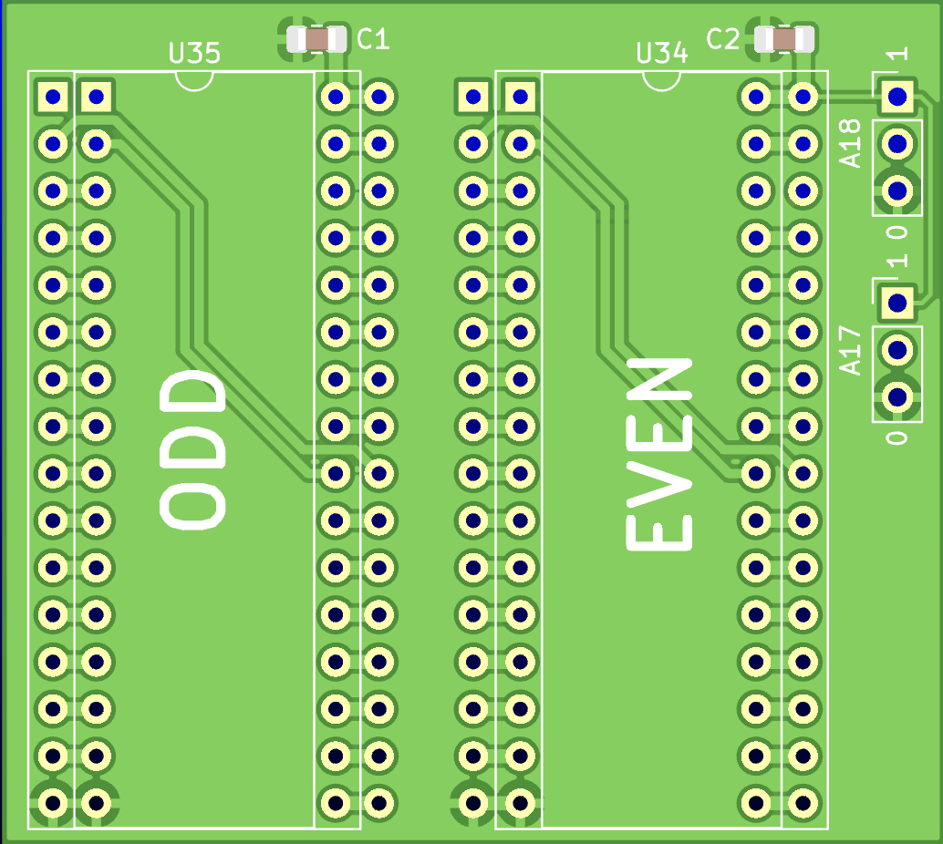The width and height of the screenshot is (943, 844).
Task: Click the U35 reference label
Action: [x=194, y=54]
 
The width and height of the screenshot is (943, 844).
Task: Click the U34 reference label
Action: [x=661, y=54]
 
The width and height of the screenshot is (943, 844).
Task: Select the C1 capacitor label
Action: [x=373, y=38]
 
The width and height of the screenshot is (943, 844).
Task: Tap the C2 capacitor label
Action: [x=723, y=38]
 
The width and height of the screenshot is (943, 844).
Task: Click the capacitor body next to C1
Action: [x=316, y=39]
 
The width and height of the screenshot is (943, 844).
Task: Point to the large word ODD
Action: [x=192, y=448]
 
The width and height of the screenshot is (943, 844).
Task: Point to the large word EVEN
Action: [x=659, y=454]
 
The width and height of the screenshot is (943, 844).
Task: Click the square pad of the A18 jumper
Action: [x=896, y=96]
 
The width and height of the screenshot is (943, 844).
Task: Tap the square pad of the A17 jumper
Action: [x=896, y=303]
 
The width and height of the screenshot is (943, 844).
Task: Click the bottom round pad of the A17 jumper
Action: [x=896, y=396]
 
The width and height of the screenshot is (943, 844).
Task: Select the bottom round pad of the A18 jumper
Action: [x=896, y=190]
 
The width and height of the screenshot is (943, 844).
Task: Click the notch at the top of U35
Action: [x=194, y=80]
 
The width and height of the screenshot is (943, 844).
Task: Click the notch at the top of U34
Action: [x=661, y=80]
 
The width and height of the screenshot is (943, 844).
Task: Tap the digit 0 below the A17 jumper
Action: [x=898, y=437]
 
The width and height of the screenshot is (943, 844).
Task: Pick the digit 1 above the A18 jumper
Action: [x=898, y=55]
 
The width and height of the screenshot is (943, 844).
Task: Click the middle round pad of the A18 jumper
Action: [x=896, y=143]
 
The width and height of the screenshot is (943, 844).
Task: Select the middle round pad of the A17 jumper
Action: [x=896, y=349]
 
